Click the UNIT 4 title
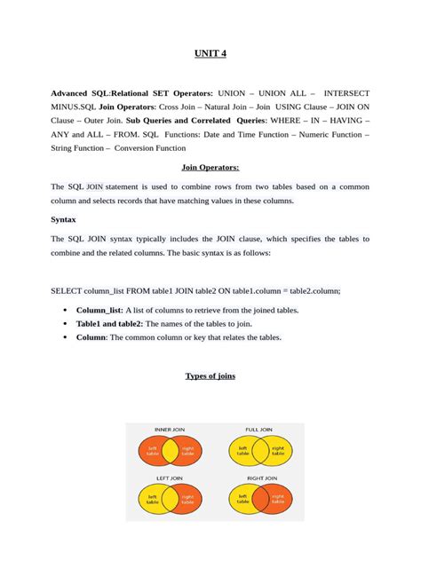(210, 54)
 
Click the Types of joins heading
(210, 375)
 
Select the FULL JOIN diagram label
(258, 430)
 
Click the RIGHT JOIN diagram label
(258, 479)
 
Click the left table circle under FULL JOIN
(242, 451)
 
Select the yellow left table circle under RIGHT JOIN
(242, 501)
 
